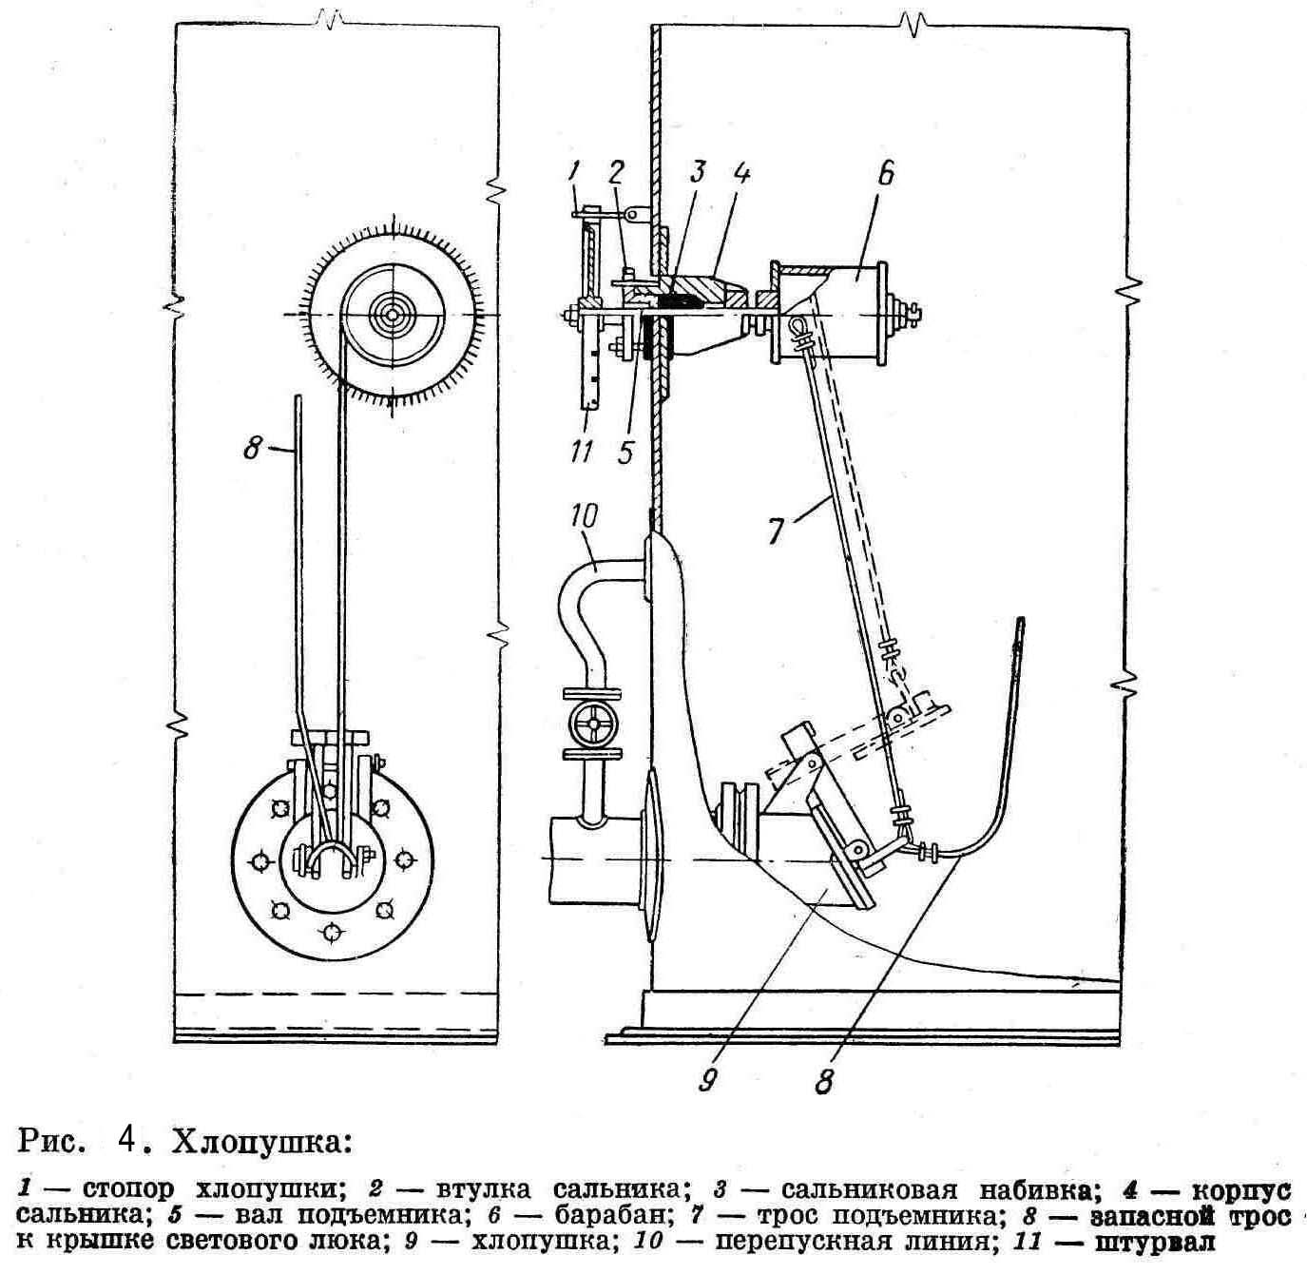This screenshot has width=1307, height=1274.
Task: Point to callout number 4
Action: click(x=741, y=177)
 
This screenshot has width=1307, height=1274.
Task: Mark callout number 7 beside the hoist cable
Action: click(x=777, y=529)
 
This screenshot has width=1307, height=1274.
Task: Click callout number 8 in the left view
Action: click(x=251, y=448)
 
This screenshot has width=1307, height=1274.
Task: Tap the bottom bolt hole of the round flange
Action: click(x=330, y=932)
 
